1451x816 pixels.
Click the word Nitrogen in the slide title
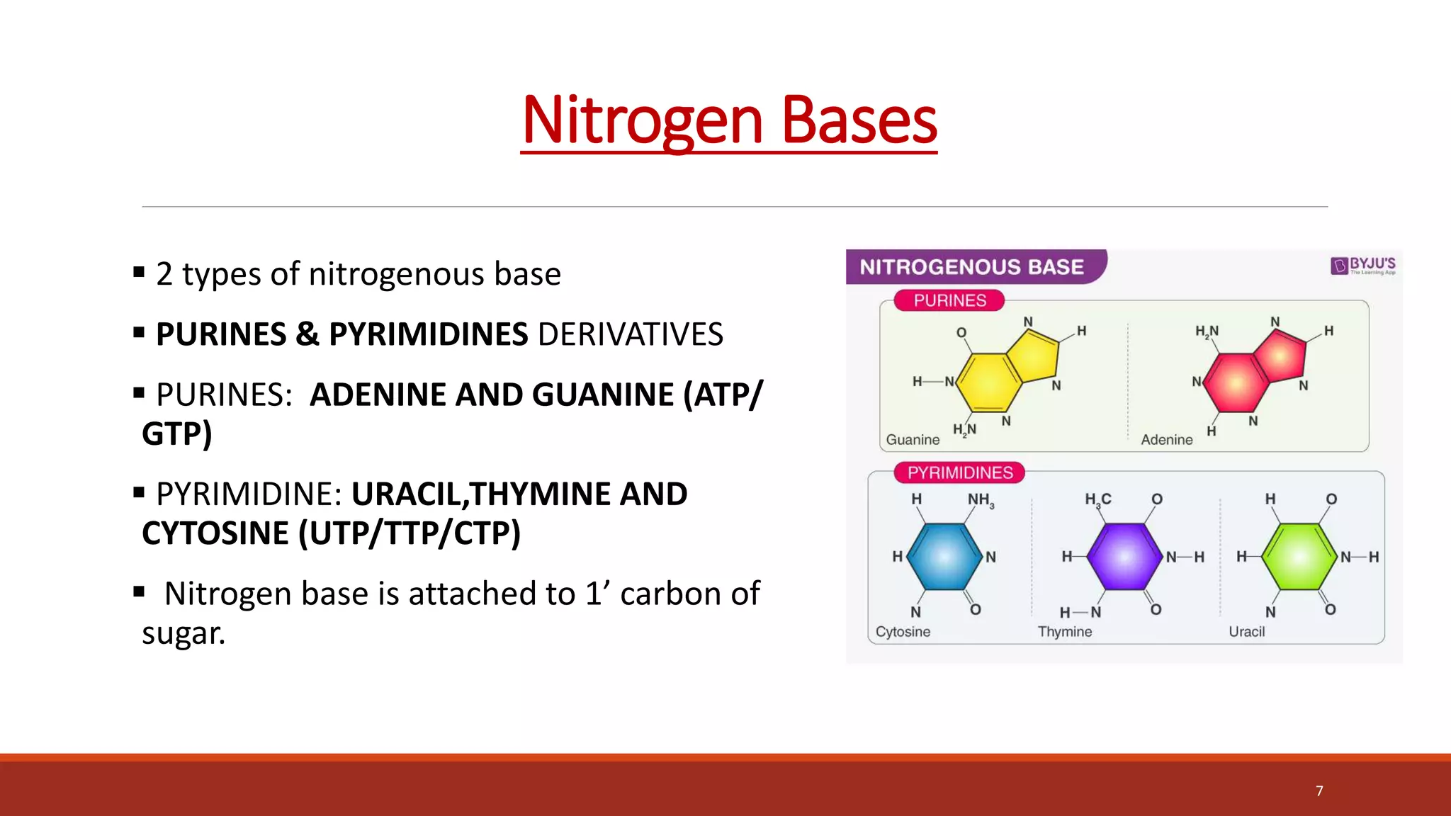(x=642, y=120)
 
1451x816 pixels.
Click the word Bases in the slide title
(x=859, y=120)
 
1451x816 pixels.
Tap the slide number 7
(x=1319, y=791)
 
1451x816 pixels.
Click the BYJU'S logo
(x=1363, y=266)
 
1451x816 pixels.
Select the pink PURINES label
(x=949, y=300)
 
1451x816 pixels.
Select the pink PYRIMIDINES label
(x=960, y=472)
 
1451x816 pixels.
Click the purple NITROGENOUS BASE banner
(x=972, y=267)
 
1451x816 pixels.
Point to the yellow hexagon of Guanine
(x=989, y=382)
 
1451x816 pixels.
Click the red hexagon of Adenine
(x=1236, y=382)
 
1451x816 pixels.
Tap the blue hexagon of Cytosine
(x=944, y=557)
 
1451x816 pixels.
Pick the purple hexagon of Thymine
(x=1124, y=557)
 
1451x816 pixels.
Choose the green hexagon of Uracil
(x=1299, y=557)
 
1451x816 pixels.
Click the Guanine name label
(x=913, y=440)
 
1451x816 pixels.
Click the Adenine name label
(x=1166, y=440)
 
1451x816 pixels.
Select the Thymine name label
(x=1065, y=632)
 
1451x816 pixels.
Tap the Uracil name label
(x=1246, y=632)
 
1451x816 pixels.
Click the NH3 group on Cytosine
(x=981, y=500)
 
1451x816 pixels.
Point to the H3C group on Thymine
(x=1097, y=500)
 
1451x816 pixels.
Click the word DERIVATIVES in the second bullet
(x=631, y=334)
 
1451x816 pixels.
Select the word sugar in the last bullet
(x=183, y=633)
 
